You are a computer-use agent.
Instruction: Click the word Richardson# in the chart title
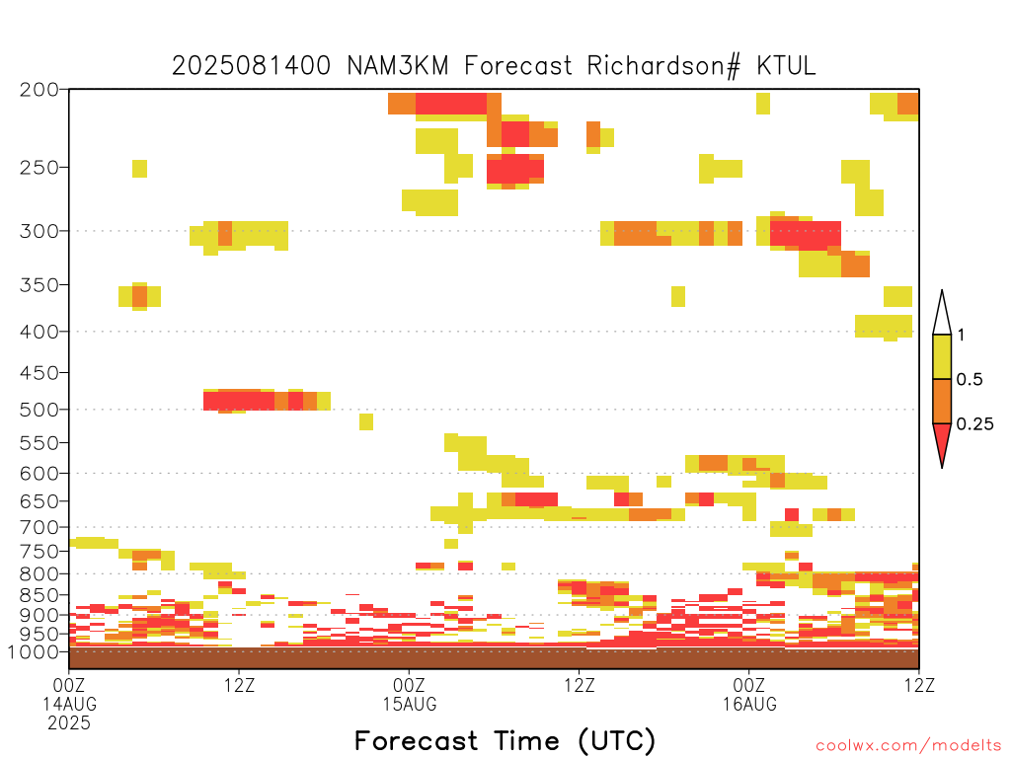click(x=664, y=66)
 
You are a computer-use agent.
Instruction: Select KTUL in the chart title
click(x=786, y=66)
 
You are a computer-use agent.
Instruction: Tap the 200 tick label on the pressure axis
click(x=39, y=90)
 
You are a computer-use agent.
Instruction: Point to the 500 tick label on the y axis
click(x=39, y=410)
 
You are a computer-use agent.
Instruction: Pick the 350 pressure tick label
click(x=39, y=285)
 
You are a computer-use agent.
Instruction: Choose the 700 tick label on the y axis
click(x=39, y=528)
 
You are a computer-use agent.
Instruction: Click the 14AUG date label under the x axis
click(x=70, y=704)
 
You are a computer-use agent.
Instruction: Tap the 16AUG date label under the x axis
click(x=749, y=704)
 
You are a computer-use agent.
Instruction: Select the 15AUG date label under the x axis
click(x=410, y=704)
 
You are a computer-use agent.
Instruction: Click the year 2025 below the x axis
click(x=69, y=723)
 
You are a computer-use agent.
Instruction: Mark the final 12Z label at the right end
click(x=919, y=685)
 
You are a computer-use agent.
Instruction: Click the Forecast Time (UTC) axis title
click(x=505, y=740)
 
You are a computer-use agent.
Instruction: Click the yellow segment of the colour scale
click(x=942, y=356)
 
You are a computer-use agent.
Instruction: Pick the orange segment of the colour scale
click(x=942, y=401)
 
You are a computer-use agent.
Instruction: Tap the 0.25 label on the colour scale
click(x=974, y=424)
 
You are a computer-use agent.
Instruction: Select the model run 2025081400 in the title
click(x=252, y=66)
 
